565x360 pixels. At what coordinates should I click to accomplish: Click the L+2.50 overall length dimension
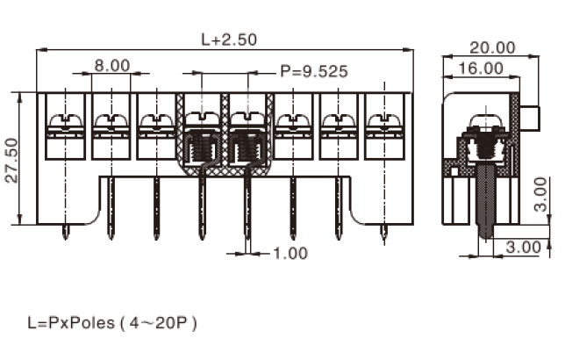click(229, 40)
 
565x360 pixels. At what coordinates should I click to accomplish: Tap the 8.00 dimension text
click(112, 66)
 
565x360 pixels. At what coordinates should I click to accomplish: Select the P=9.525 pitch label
click(314, 71)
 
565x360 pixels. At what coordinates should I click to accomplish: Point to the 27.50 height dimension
click(12, 160)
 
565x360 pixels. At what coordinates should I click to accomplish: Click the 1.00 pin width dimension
click(290, 253)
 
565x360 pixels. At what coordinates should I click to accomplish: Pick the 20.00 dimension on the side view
click(492, 47)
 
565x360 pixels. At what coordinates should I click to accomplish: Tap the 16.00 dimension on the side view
click(480, 68)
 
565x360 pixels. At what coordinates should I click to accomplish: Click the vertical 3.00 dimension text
click(540, 194)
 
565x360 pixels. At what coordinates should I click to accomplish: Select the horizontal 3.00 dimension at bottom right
click(523, 247)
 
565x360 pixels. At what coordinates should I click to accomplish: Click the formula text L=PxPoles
click(71, 322)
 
